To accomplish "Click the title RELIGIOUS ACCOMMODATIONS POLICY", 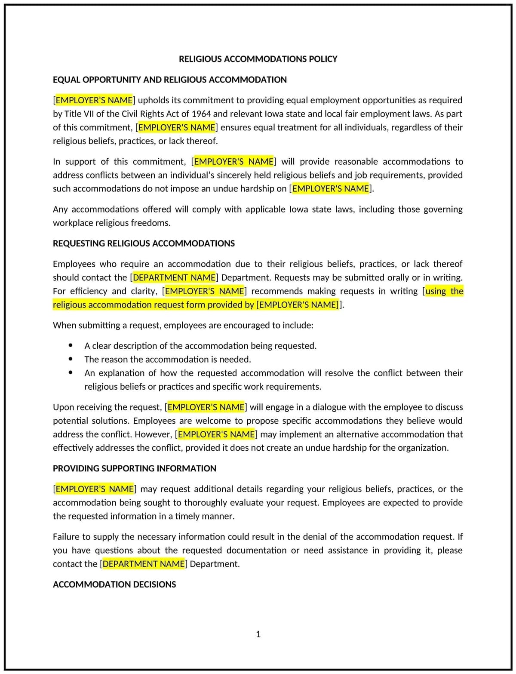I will coord(258,59).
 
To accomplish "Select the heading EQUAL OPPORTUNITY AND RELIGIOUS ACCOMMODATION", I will coord(169,80).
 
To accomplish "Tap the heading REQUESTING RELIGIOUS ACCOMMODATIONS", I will coord(144,243).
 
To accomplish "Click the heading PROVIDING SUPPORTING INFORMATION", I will coord(135,468).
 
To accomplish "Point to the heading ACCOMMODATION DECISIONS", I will coord(114,585).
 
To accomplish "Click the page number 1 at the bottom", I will coord(258,634).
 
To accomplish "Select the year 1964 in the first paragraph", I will coord(201,114).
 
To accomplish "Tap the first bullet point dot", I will coord(71,345).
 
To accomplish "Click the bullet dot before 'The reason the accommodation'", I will coord(71,359).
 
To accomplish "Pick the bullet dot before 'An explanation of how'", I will coord(71,372).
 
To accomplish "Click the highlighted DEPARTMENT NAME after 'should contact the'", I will coord(174,277).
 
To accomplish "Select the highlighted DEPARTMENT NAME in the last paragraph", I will coord(144,564).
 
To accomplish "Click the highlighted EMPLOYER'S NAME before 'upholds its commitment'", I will coord(94,100).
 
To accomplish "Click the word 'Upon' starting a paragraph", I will coord(63,407).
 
